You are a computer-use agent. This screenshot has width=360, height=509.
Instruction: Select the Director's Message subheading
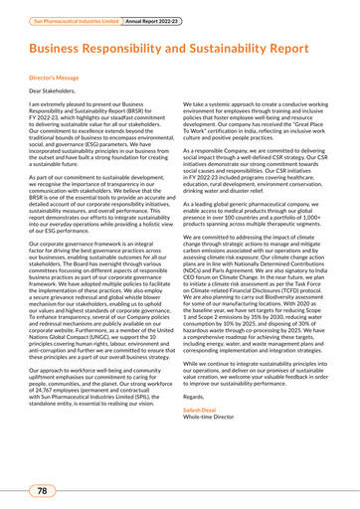58,76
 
